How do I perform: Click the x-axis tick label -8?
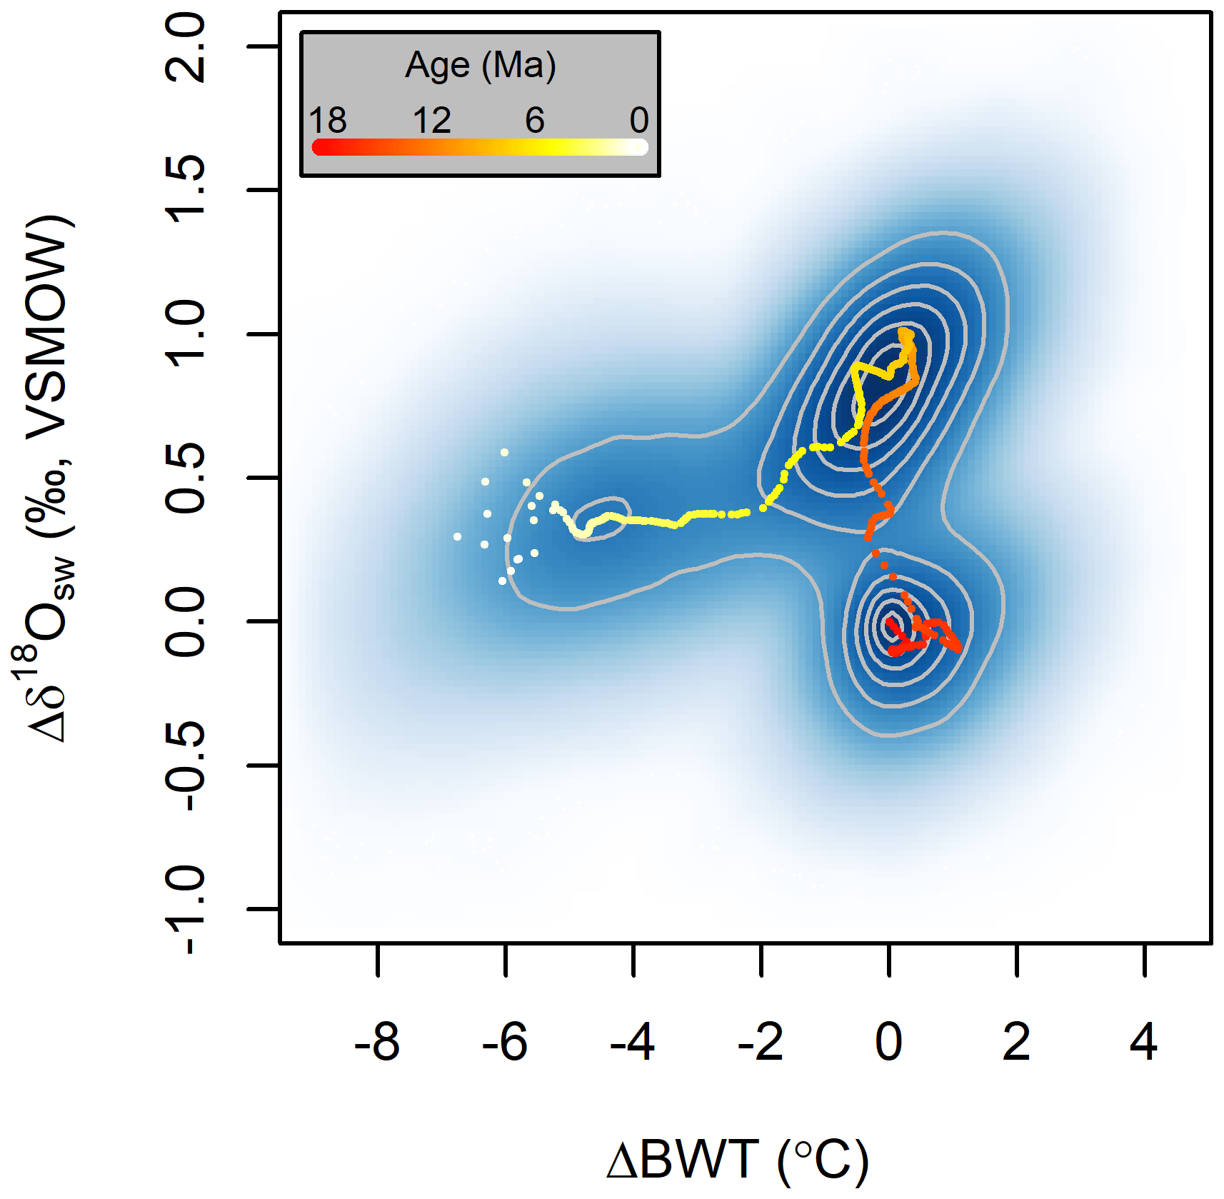[377, 1043]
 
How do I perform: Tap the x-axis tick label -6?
[505, 1043]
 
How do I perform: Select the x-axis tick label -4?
[633, 1043]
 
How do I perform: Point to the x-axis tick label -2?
[761, 1043]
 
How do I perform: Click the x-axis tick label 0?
[888, 1043]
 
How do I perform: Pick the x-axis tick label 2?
[1016, 1043]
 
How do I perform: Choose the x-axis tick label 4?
[1144, 1043]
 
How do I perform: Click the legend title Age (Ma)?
[480, 66]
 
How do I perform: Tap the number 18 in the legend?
[328, 120]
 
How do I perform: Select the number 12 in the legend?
[432, 120]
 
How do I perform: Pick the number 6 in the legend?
[535, 120]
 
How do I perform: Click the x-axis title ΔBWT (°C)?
[737, 1159]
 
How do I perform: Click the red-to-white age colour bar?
[480, 147]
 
